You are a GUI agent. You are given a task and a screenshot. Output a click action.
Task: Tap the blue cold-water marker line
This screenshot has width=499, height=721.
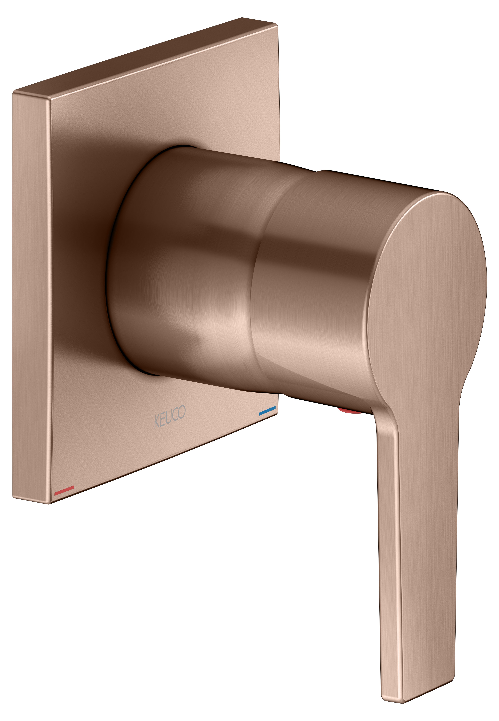267,410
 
